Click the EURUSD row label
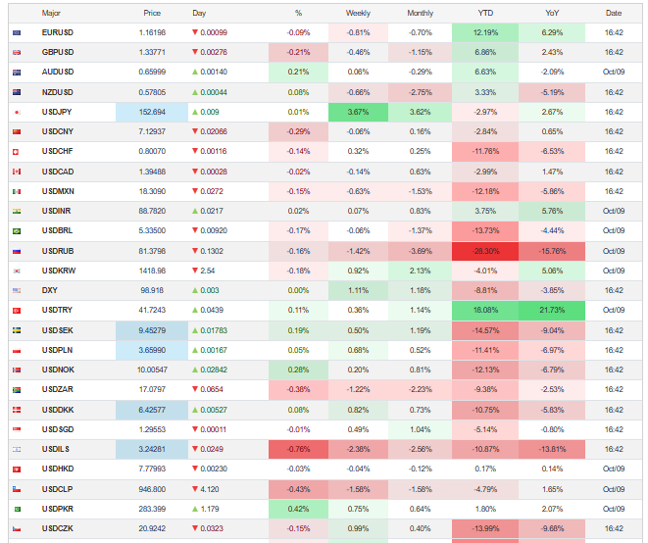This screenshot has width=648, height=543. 58,32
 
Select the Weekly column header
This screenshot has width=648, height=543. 358,13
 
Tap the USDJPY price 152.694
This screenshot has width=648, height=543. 153,112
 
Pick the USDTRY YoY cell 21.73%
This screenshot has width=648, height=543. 553,311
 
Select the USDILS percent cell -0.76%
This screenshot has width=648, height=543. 298,450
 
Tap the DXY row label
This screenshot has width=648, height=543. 50,291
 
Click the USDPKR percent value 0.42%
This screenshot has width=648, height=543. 298,509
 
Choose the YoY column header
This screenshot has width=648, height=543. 553,13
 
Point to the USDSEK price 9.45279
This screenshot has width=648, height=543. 153,330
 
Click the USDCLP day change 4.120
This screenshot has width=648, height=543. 211,489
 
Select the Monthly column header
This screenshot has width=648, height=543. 420,13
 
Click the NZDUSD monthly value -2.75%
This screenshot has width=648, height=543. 420,92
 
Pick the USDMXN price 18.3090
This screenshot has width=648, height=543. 153,191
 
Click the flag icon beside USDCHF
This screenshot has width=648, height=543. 17,152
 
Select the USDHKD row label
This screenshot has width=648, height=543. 58,469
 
